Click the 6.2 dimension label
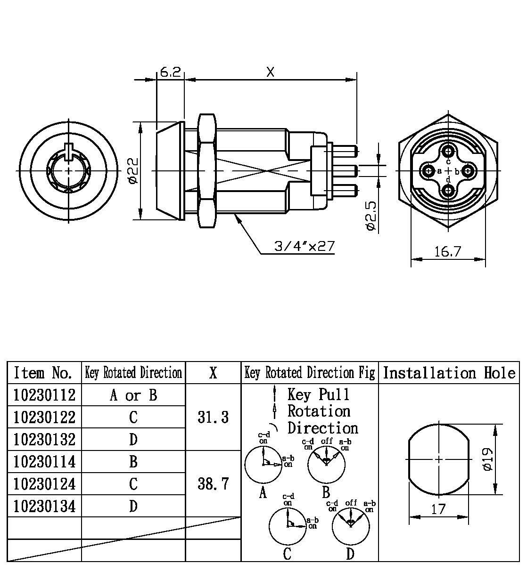pos(170,72)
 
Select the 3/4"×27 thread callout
pos(304,246)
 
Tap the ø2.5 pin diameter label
pos(371,216)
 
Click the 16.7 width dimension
pos(447,252)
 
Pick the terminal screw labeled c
pos(448,151)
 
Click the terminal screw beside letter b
pos(467,170)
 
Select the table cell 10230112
pos(44,395)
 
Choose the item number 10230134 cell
pos(44,507)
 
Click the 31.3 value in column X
pos(213,417)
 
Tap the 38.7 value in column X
pos(213,483)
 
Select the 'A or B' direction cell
pos(133,395)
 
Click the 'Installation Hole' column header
pos(449,373)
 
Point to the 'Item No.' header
pos(43,373)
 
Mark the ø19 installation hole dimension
pos(488,459)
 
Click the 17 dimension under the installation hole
pos(438,509)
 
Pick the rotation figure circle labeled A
pos(263,465)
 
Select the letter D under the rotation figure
pos(350,554)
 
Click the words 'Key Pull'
pos(319,394)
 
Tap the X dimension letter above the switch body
pos(270,72)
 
